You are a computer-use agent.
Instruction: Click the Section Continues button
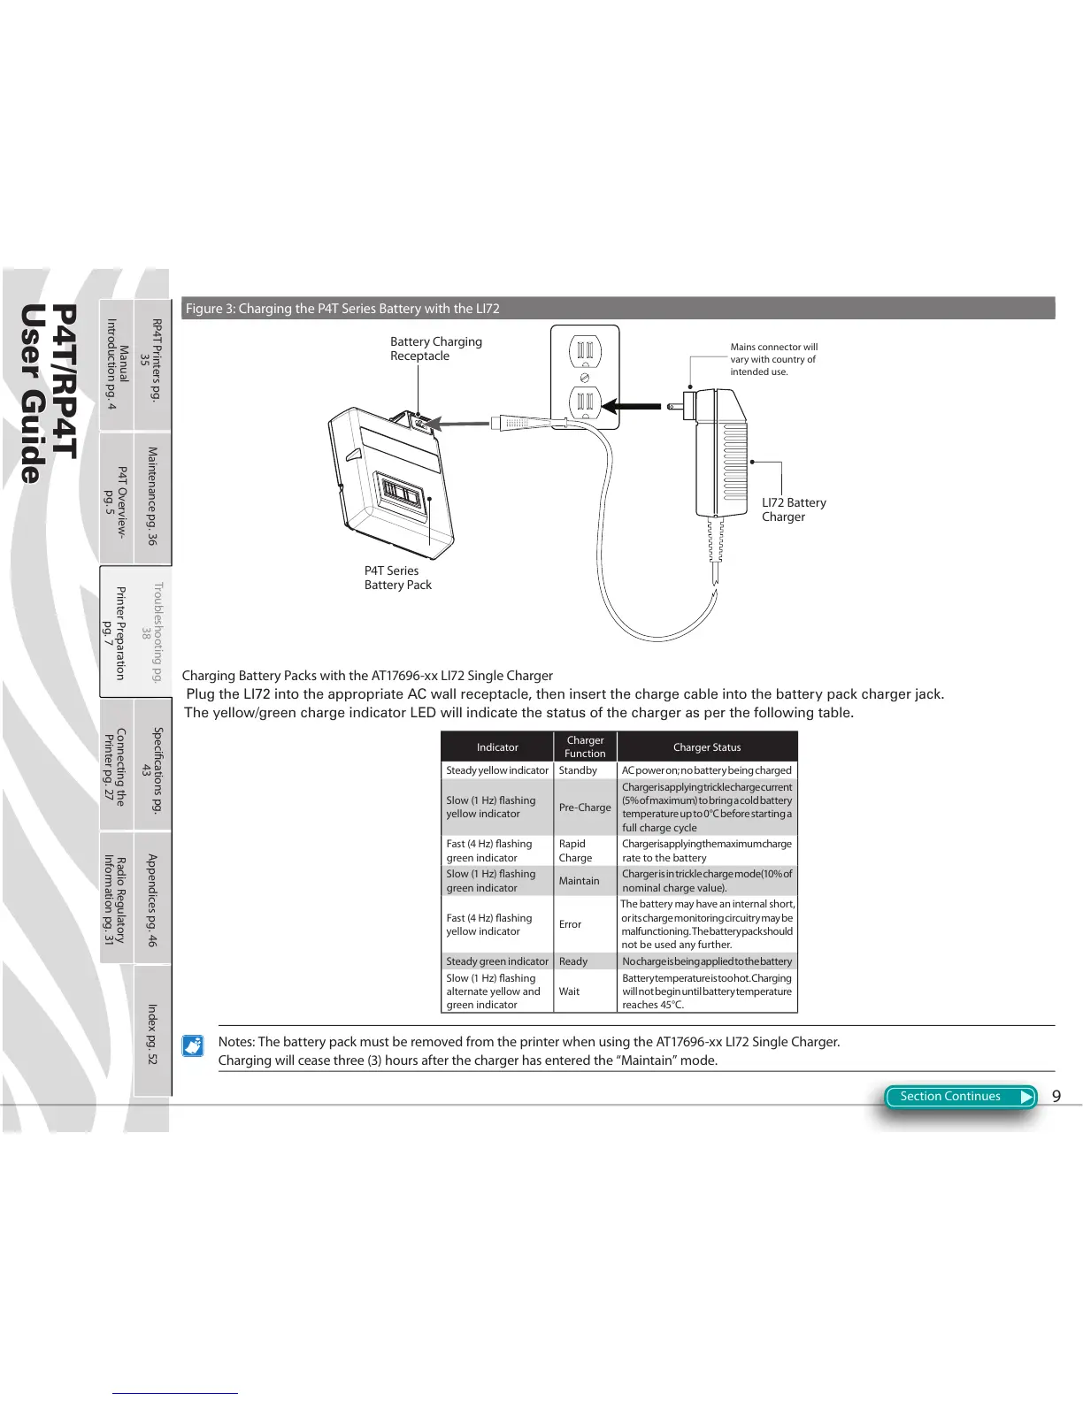(x=960, y=1097)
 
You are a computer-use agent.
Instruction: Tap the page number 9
(x=1056, y=1097)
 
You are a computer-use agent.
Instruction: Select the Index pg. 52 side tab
(x=152, y=1033)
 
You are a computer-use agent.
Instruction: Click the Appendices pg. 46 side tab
(x=152, y=900)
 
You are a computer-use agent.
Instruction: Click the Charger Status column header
(x=706, y=747)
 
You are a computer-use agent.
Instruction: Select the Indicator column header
(x=497, y=747)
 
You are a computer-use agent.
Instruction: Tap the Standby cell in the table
(x=578, y=770)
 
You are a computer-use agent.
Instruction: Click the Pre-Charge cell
(x=585, y=808)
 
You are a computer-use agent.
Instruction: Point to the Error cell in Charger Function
(x=571, y=924)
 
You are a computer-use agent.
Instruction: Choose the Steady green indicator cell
(x=497, y=961)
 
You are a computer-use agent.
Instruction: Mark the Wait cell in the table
(x=570, y=991)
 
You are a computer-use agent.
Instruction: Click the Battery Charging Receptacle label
(x=435, y=348)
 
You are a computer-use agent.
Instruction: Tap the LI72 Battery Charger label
(x=793, y=509)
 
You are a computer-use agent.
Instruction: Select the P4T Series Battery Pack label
(x=397, y=578)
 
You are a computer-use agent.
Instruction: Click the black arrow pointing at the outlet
(x=632, y=407)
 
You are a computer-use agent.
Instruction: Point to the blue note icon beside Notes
(x=193, y=1046)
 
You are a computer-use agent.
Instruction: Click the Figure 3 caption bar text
(x=342, y=309)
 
